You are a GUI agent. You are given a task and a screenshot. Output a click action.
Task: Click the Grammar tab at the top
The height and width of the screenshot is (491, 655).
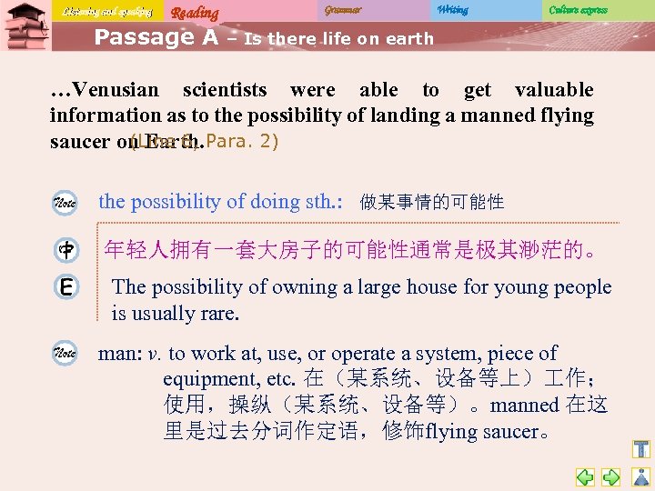click(343, 10)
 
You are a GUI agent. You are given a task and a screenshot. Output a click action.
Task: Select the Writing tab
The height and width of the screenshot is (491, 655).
click(452, 10)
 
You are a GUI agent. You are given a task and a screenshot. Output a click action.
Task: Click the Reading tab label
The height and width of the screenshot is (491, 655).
click(195, 13)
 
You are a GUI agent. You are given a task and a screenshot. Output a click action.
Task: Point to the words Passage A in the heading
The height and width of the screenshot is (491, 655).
click(156, 37)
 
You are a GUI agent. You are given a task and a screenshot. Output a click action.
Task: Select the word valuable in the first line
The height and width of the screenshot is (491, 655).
click(553, 90)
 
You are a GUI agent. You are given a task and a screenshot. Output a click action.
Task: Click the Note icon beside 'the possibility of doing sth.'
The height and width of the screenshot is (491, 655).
click(66, 202)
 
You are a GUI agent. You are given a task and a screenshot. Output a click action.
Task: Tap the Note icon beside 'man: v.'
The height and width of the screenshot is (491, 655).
click(66, 354)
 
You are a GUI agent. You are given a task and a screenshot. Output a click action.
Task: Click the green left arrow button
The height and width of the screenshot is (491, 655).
click(585, 476)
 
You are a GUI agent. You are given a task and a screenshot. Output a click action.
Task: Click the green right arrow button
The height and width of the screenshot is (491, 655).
click(611, 476)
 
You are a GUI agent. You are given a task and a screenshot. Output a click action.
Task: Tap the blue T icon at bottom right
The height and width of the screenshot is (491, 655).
click(641, 449)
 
